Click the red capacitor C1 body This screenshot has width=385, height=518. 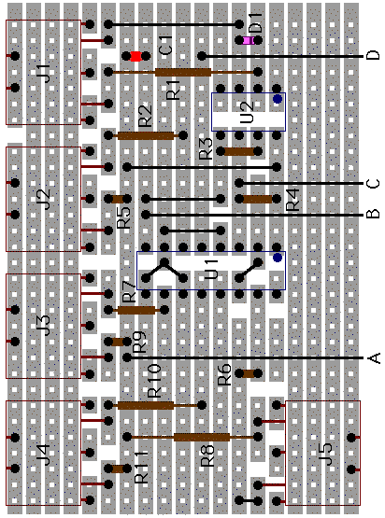pos(135,56)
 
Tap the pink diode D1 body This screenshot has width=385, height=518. pos(248,40)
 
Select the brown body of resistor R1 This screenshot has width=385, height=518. pos(183,72)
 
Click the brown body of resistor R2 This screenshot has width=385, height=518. pos(146,135)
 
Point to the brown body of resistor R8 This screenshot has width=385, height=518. pos(202,437)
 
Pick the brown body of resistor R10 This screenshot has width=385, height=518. pos(146,405)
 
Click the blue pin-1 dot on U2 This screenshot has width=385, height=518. pos(278,99)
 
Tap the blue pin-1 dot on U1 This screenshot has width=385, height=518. pos(278,258)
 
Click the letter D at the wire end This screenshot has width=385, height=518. pos(373,55)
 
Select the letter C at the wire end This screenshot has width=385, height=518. pos(373,183)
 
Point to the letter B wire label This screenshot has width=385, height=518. pos(373,214)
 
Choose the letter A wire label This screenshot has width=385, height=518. pos(374,358)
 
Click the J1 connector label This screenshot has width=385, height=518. pos(44,74)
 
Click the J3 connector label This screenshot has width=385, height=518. pos(44,326)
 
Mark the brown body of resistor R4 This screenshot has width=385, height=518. pos(257,199)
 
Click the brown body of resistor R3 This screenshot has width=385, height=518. pos(239,151)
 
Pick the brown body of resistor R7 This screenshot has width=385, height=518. pos(136,310)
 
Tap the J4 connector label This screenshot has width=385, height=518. pos(44,455)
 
